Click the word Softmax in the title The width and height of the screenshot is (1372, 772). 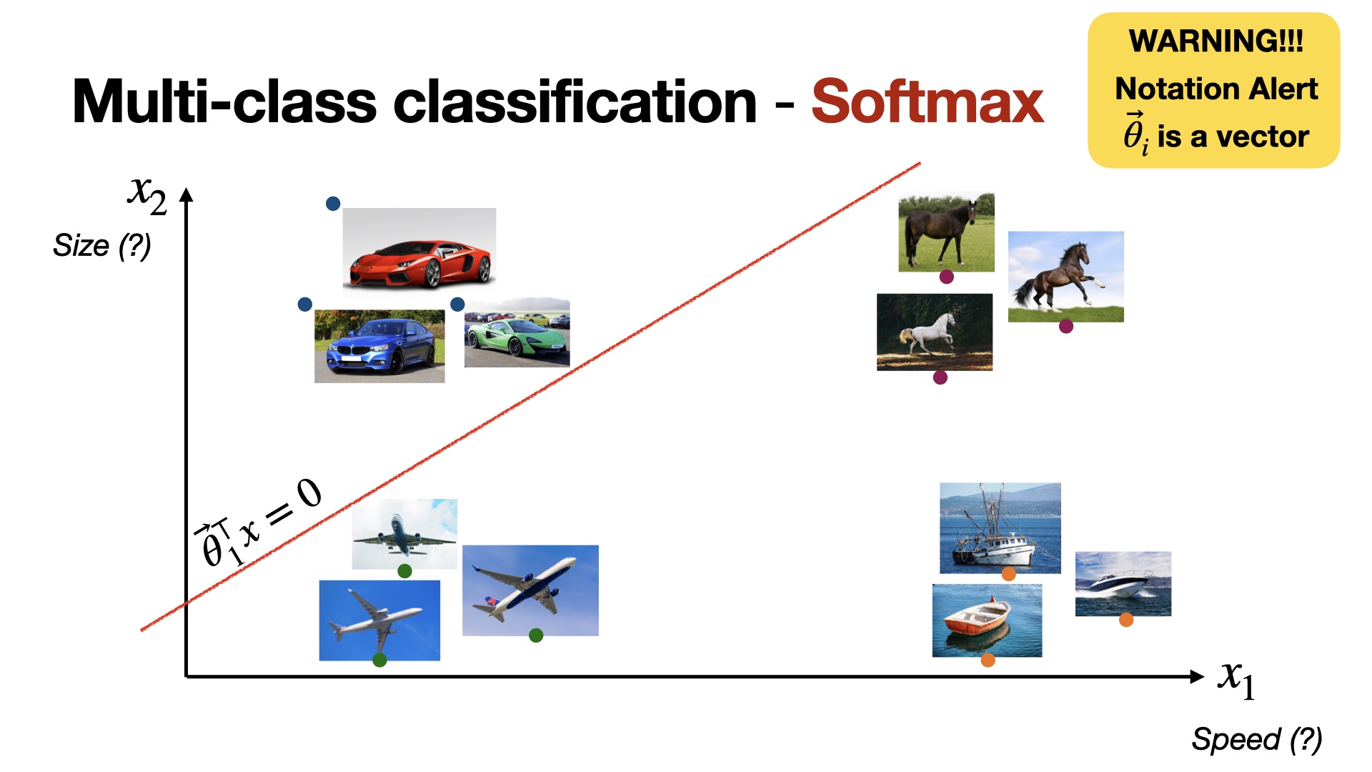point(928,102)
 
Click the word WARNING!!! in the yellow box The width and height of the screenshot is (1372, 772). point(1216,41)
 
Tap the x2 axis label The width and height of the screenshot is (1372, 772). point(147,194)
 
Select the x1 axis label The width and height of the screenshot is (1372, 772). point(1237,679)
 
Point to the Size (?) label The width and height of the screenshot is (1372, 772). point(102,246)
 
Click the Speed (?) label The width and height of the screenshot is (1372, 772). point(1257,739)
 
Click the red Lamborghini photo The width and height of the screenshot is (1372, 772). point(419,249)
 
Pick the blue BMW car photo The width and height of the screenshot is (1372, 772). point(379,346)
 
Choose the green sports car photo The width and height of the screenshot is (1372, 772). point(517,333)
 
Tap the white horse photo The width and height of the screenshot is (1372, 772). point(935,332)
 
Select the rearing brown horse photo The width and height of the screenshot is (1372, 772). point(1066,277)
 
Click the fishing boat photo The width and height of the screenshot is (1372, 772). point(1000,528)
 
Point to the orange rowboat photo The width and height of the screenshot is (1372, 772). point(988,620)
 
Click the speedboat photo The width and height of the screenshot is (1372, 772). point(1123,583)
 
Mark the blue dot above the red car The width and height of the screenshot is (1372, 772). point(333,204)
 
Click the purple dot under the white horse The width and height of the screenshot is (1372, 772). point(940,377)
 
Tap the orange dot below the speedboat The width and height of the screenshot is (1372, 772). point(1126,620)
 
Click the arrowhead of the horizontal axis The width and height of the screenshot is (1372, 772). point(1198,676)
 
